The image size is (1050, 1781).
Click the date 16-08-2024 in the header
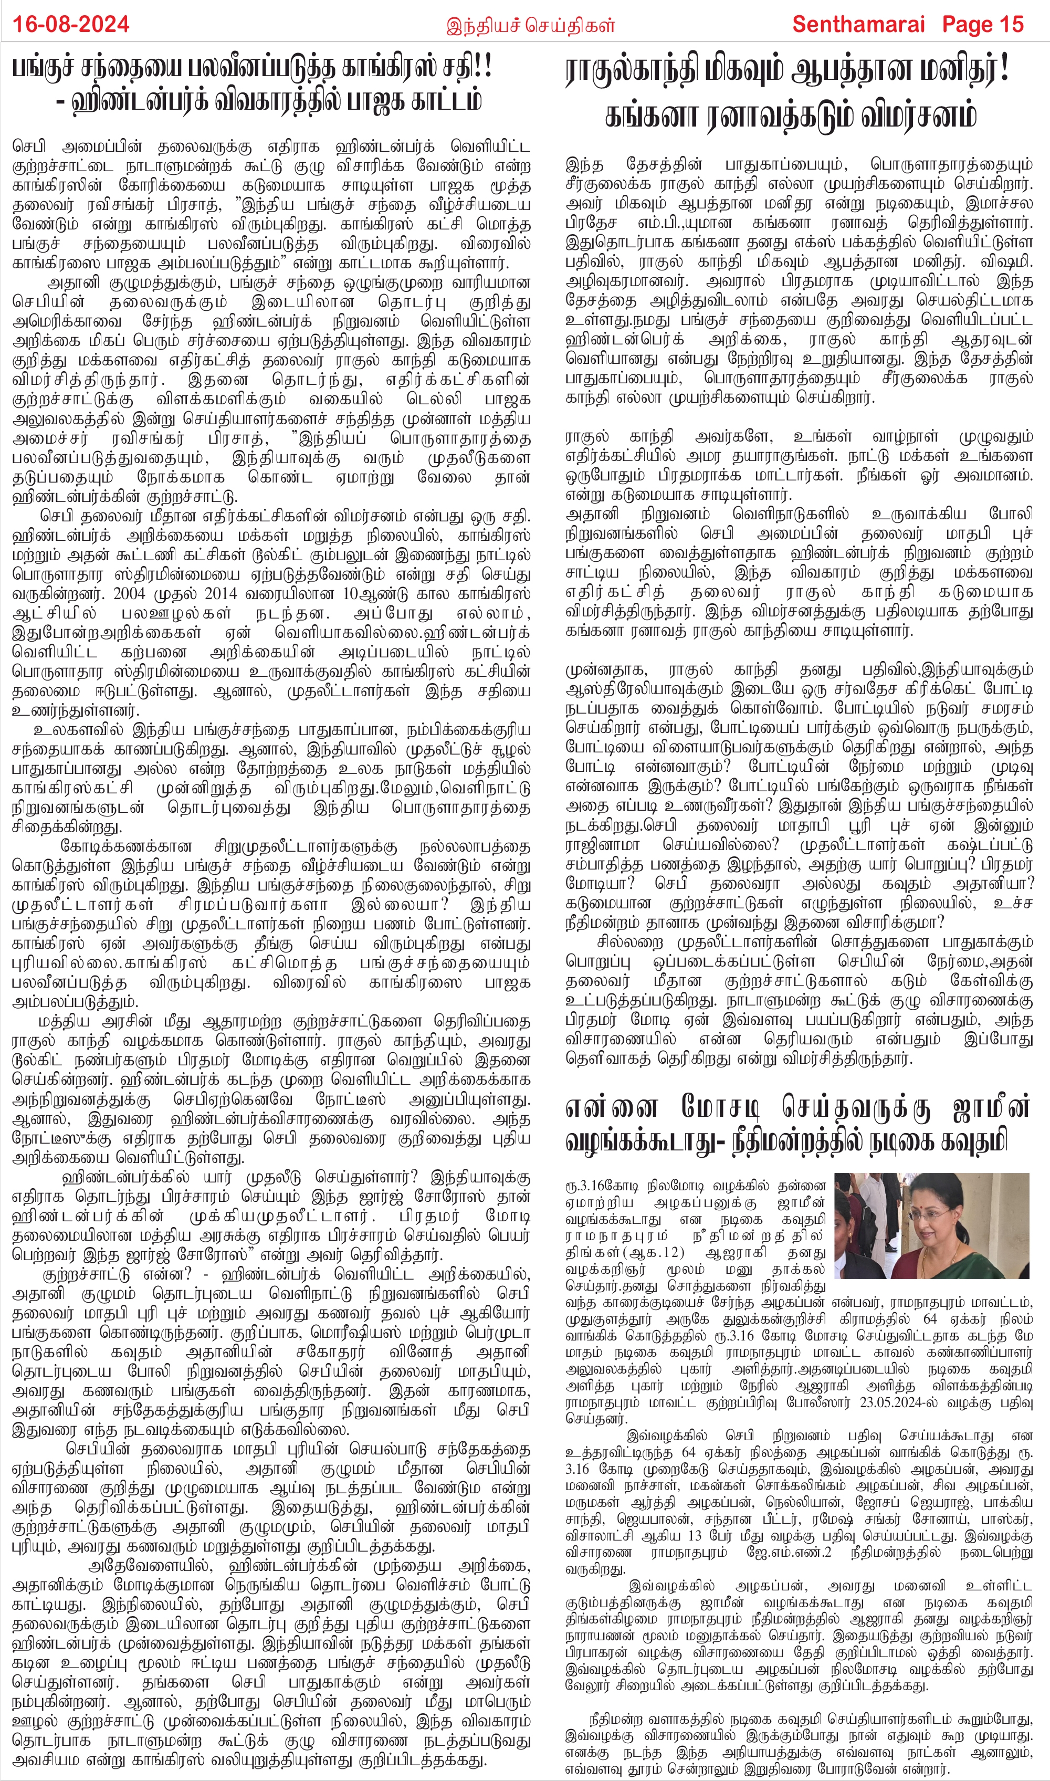click(71, 24)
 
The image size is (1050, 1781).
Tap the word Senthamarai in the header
click(858, 24)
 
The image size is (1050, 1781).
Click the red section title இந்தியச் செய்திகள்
click(531, 26)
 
